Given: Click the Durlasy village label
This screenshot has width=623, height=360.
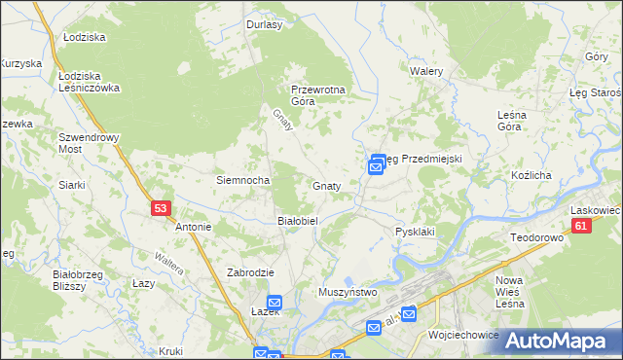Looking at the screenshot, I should pyautogui.click(x=265, y=25).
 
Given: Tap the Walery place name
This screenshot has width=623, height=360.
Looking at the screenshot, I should pyautogui.click(x=426, y=72).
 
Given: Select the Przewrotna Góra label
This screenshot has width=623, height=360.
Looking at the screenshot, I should pyautogui.click(x=318, y=95).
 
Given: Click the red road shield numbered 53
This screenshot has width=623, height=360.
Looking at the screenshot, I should pyautogui.click(x=162, y=207).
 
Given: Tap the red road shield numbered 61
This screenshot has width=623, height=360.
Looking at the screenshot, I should pyautogui.click(x=581, y=226).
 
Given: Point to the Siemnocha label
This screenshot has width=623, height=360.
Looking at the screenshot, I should pyautogui.click(x=242, y=180).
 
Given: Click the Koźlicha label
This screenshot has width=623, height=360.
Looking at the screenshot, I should pyautogui.click(x=531, y=175).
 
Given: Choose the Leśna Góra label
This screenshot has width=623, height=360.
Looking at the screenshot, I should pyautogui.click(x=511, y=120).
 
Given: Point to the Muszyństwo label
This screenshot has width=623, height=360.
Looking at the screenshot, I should pyautogui.click(x=348, y=292).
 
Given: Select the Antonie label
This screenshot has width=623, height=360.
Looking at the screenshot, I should pyautogui.click(x=193, y=227).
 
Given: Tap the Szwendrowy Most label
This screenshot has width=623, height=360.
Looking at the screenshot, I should pyautogui.click(x=89, y=143).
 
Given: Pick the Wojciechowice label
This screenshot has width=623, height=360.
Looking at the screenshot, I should pyautogui.click(x=463, y=334).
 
